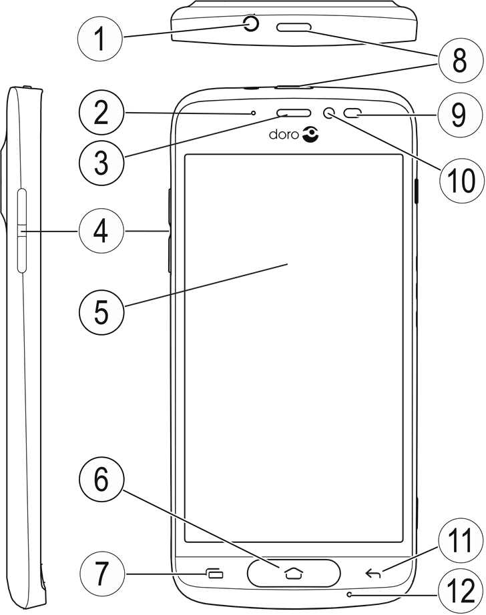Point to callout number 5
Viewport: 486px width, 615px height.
click(100, 311)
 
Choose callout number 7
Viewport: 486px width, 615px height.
click(100, 572)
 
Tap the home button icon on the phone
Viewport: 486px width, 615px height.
click(293, 572)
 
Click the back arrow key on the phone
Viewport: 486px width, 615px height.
click(374, 572)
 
